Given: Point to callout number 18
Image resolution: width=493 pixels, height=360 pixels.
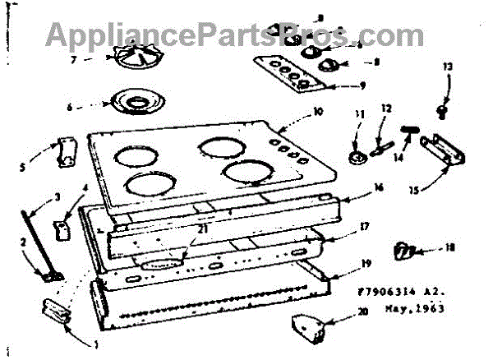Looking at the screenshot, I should point(449,247).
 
